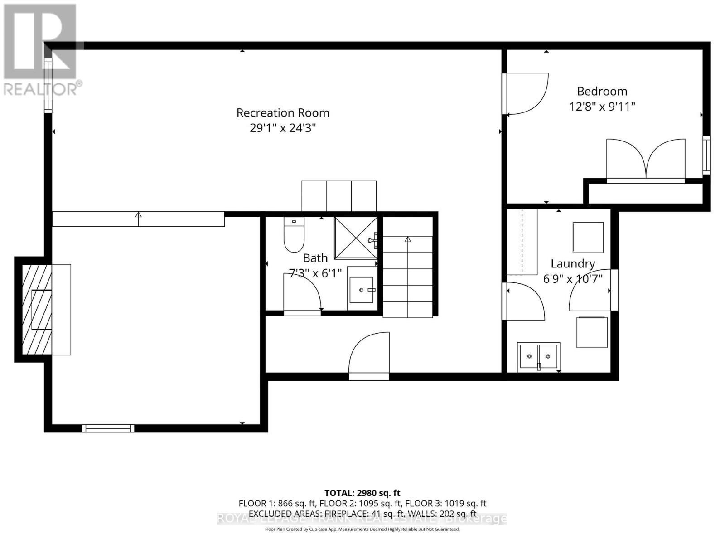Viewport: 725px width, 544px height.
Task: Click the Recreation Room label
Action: (x=283, y=112)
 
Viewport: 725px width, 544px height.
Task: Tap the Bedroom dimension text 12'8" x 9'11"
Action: (x=602, y=107)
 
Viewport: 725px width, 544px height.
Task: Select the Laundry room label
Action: (x=573, y=263)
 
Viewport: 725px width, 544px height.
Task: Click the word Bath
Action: (x=315, y=258)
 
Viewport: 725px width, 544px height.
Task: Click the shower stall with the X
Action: (x=356, y=238)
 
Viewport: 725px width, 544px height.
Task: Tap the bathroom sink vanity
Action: (x=362, y=290)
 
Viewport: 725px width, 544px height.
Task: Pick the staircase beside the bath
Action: (x=408, y=277)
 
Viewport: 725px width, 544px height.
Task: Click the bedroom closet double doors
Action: (x=646, y=160)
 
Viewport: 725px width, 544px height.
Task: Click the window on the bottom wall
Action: (x=108, y=428)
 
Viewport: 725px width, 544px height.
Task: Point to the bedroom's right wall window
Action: (x=706, y=155)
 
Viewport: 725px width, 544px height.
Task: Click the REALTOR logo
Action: (x=41, y=50)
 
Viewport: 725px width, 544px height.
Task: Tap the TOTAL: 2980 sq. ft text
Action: (x=362, y=493)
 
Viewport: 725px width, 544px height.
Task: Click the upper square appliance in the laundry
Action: (x=588, y=237)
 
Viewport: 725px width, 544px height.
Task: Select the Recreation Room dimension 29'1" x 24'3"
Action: (x=283, y=128)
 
